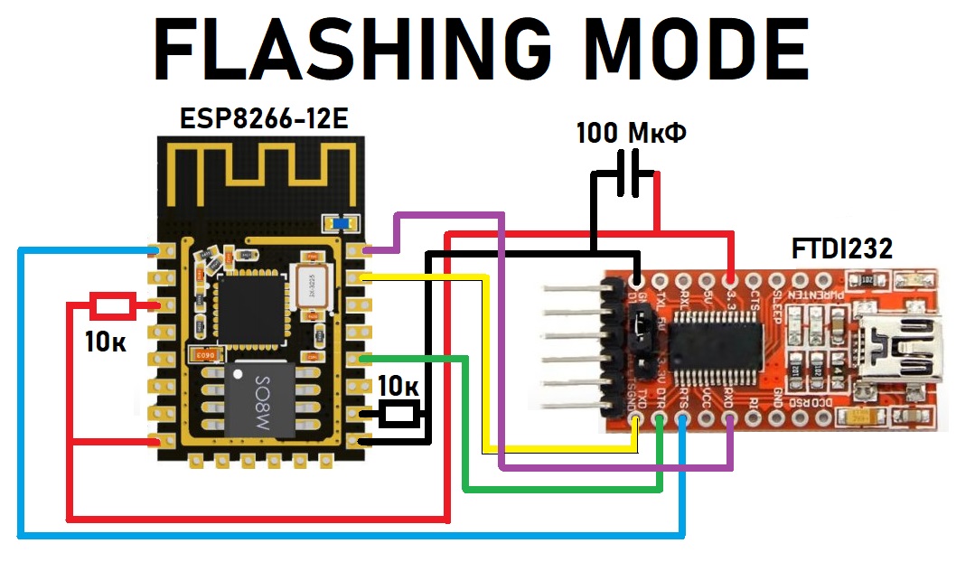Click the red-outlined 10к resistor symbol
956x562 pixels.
click(x=114, y=305)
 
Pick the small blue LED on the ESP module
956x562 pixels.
click(x=342, y=222)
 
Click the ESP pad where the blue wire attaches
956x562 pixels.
click(x=164, y=248)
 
